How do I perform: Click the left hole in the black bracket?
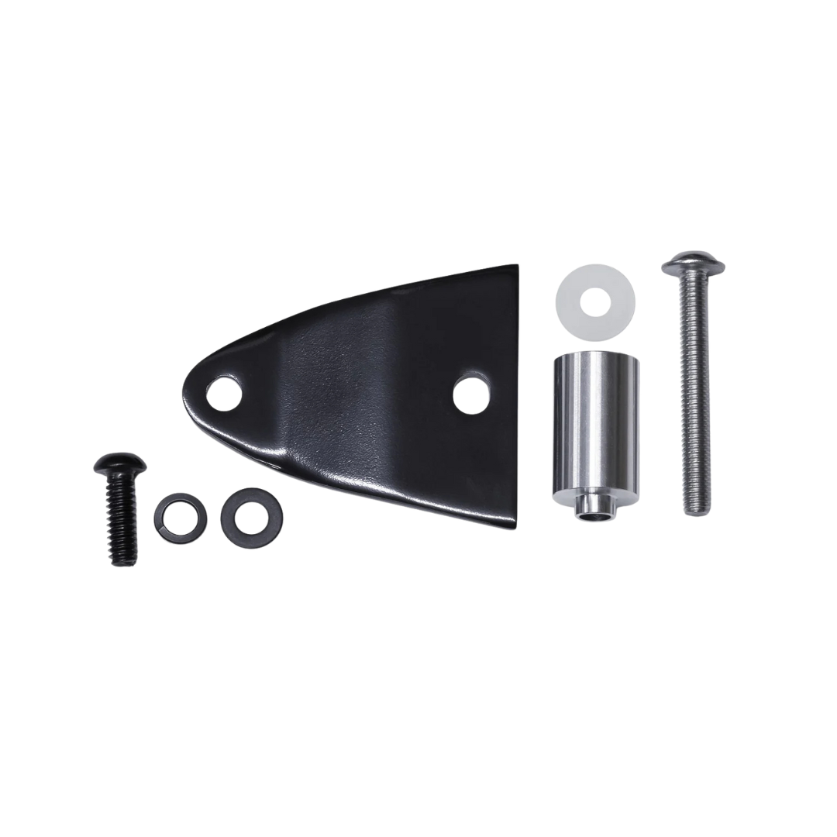point(224,392)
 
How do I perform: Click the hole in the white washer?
point(595,298)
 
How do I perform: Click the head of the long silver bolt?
point(694,264)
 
